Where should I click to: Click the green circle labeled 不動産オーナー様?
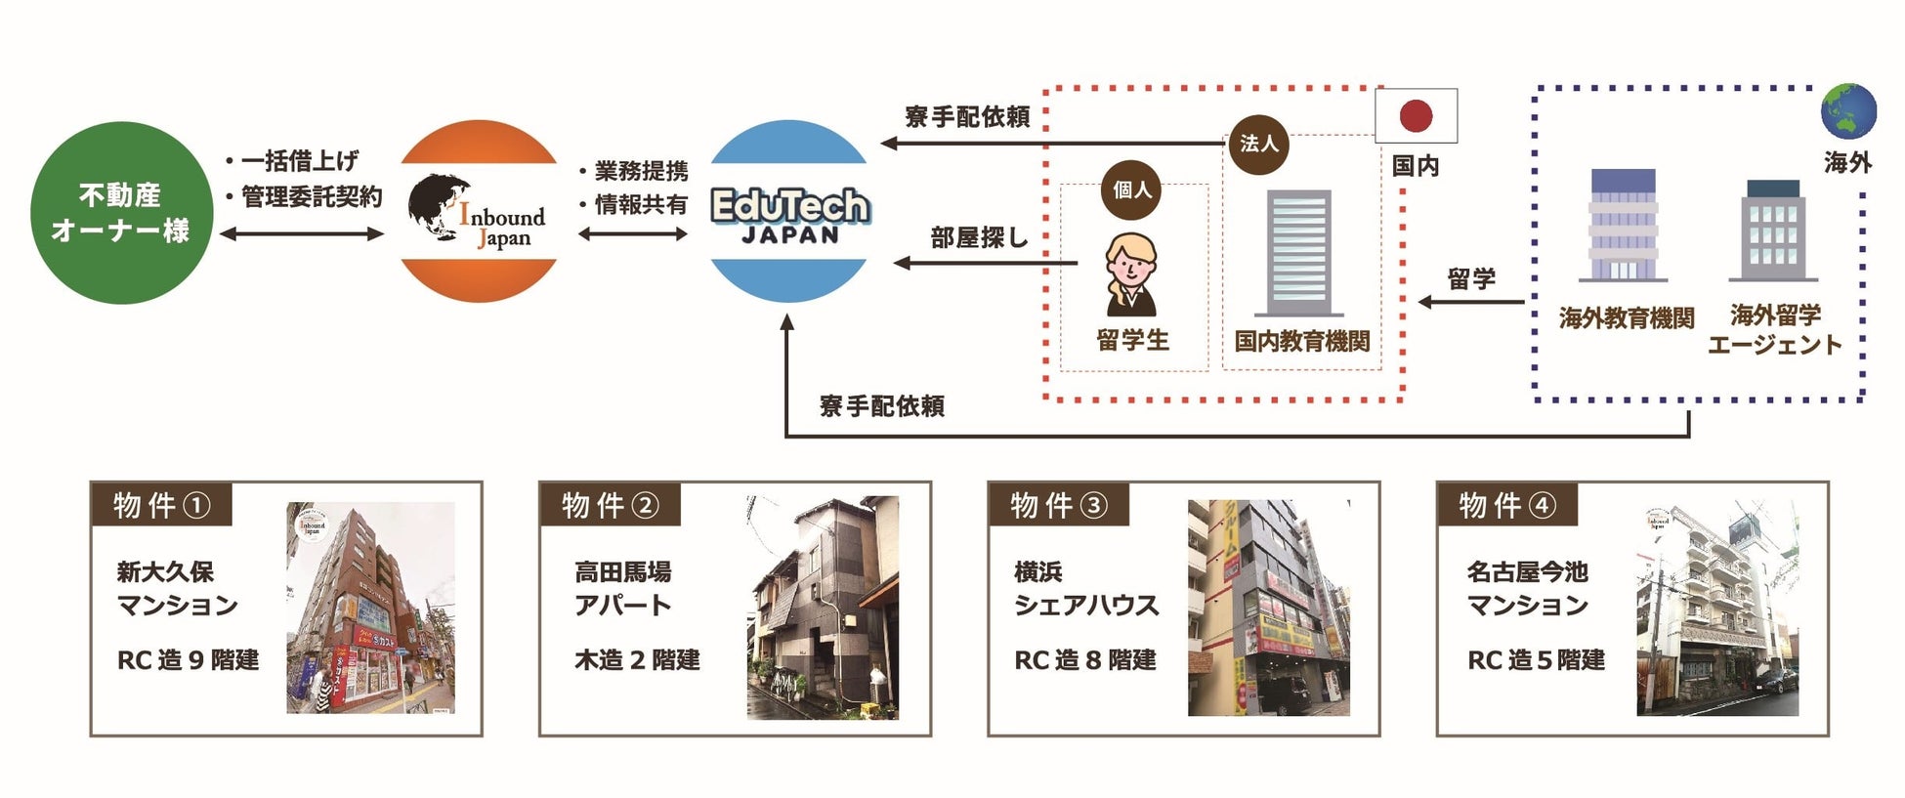[x=121, y=213]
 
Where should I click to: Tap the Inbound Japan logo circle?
[x=479, y=212]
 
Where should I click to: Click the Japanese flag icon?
[x=1416, y=116]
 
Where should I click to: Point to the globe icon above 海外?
[x=1847, y=111]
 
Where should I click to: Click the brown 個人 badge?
[x=1131, y=189]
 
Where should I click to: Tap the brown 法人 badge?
[x=1258, y=145]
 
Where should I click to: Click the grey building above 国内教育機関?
[x=1298, y=253]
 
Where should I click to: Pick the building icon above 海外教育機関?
[x=1623, y=226]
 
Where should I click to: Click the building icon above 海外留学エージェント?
[x=1772, y=231]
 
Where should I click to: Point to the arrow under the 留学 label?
[x=1470, y=302]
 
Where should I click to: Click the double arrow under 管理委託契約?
[x=302, y=234]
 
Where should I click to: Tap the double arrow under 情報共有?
[x=633, y=234]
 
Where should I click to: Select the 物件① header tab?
[x=161, y=505]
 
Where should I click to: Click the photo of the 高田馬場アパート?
[x=823, y=609]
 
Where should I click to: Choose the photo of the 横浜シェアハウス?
[x=1268, y=609]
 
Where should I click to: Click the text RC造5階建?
[x=1536, y=660]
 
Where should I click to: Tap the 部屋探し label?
[x=979, y=237]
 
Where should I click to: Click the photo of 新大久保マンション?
[x=370, y=608]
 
